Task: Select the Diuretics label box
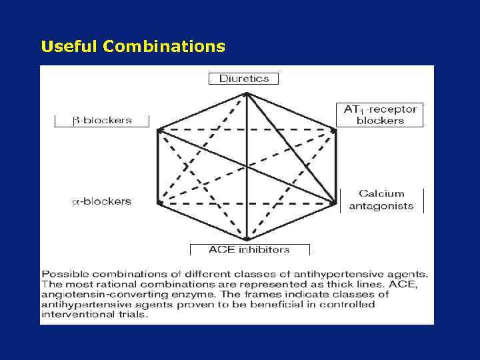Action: [x=244, y=79]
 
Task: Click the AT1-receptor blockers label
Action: [x=380, y=115]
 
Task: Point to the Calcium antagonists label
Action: [x=381, y=200]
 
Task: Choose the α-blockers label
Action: [x=102, y=201]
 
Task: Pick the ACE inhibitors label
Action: [x=249, y=249]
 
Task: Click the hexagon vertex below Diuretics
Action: [x=247, y=93]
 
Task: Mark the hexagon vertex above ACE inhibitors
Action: [x=247, y=238]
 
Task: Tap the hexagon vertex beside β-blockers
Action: [x=159, y=131]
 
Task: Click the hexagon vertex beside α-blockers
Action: [x=159, y=201]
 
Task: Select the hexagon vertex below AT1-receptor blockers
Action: [x=334, y=131]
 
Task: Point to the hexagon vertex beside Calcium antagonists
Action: [x=334, y=201]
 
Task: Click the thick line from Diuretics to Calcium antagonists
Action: [x=291, y=147]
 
